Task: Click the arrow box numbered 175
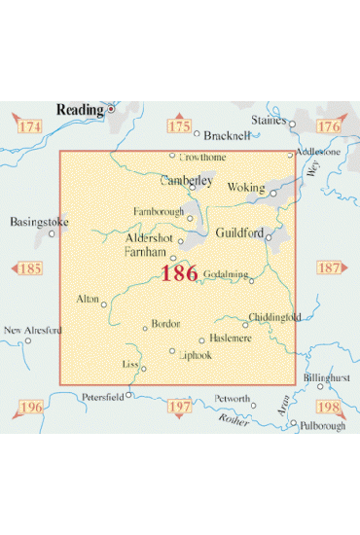tap(179, 125)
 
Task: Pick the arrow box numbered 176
tap(329, 125)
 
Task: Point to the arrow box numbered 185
tap(30, 267)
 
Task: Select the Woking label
tap(244, 187)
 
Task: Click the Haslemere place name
tap(232, 338)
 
